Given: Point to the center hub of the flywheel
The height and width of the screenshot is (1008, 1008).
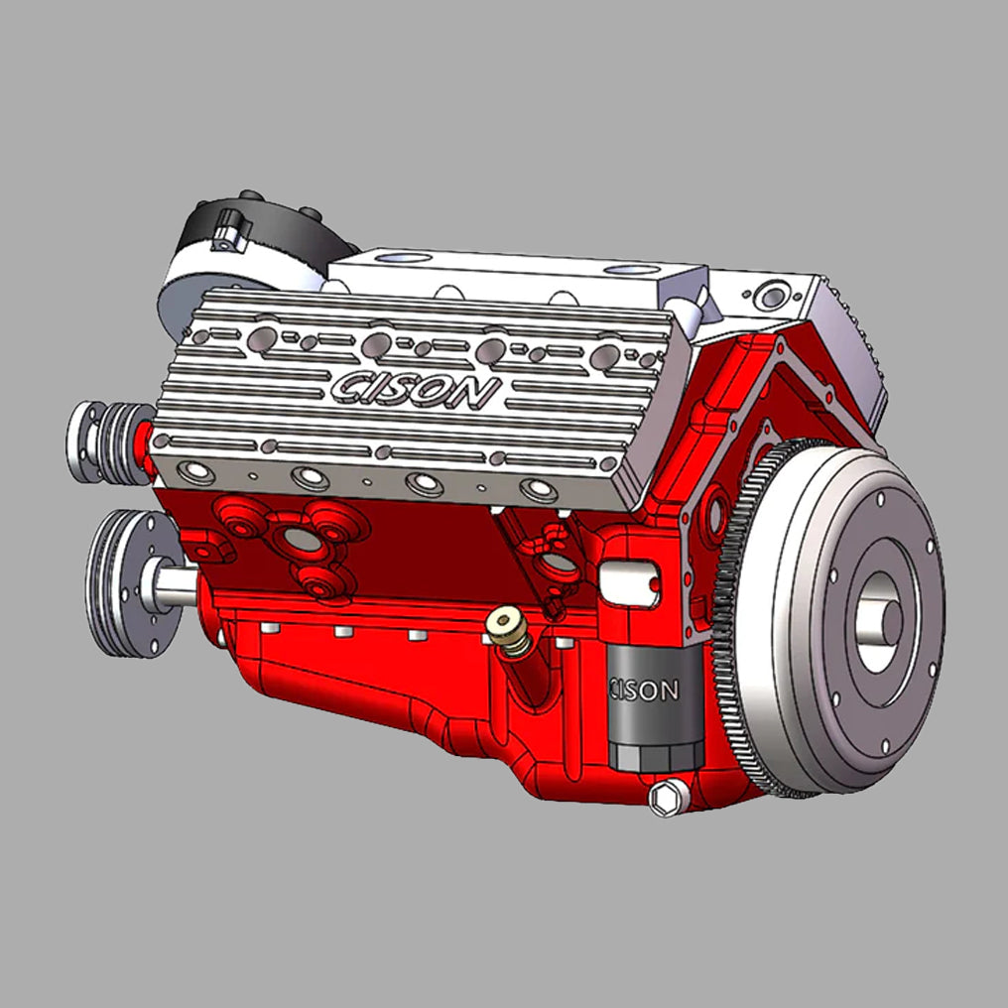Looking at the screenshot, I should coord(879,622).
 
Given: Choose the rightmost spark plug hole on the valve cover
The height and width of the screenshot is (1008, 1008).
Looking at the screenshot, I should coord(539,489).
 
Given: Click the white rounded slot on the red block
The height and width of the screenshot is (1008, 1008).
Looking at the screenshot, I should coord(629,581).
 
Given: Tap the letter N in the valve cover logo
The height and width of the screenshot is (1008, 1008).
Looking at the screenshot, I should coord(477,393).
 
